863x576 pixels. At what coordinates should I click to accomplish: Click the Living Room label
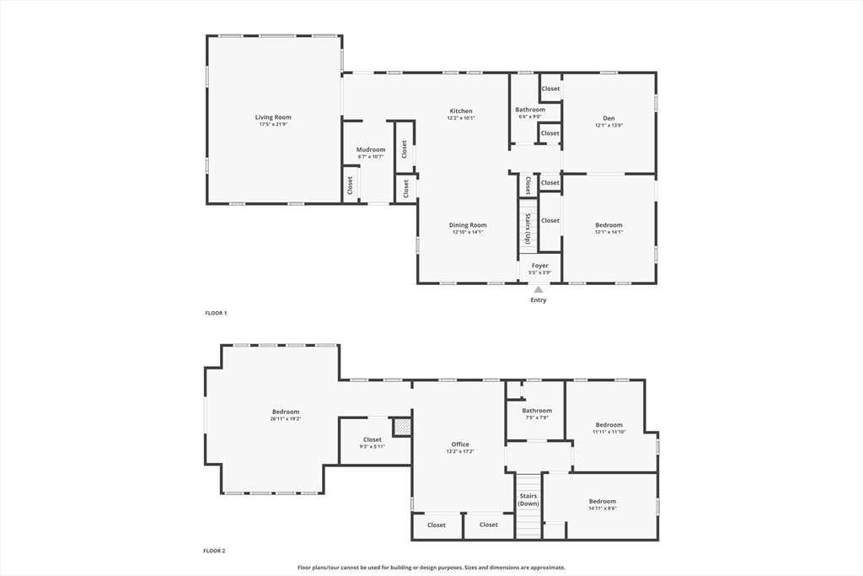(x=273, y=117)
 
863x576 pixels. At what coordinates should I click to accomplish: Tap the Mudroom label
(x=371, y=149)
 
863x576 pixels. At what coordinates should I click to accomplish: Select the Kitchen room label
(x=461, y=110)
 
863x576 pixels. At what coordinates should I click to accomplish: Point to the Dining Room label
(x=468, y=225)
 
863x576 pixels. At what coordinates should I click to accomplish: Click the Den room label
(x=608, y=118)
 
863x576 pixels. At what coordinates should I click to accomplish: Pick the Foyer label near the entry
(x=539, y=266)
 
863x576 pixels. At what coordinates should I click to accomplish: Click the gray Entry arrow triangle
(x=539, y=289)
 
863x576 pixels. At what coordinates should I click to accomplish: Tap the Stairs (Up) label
(x=528, y=228)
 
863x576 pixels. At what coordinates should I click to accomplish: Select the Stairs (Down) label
(x=528, y=499)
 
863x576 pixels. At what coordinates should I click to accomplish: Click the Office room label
(x=460, y=444)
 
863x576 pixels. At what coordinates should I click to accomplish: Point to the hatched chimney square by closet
(x=403, y=428)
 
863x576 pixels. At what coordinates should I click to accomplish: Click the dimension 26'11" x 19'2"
(x=286, y=418)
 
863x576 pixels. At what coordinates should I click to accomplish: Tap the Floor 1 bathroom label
(x=530, y=110)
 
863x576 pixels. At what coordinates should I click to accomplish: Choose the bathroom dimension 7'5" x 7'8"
(x=536, y=417)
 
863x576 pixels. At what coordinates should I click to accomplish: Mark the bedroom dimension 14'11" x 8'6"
(x=602, y=508)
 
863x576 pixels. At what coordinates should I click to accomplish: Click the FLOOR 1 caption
(x=216, y=313)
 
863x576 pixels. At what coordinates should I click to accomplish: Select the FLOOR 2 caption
(x=214, y=551)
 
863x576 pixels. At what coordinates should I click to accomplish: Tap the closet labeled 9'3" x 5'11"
(x=373, y=446)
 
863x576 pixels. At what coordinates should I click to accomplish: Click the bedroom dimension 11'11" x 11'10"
(x=608, y=431)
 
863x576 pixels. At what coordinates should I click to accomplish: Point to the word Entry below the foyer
(x=539, y=300)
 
